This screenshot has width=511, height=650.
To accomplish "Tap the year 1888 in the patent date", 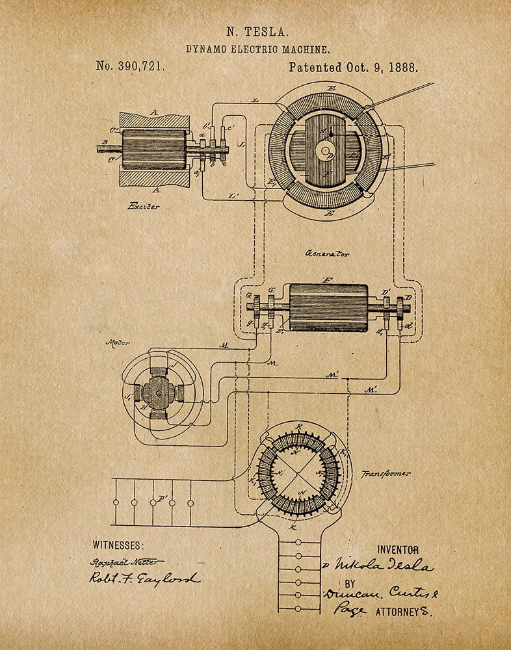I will [x=402, y=66].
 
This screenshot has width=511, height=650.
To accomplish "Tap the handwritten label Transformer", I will [x=386, y=474].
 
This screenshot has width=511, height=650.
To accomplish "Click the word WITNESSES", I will [x=118, y=545].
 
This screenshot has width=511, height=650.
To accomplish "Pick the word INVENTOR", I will [x=398, y=550].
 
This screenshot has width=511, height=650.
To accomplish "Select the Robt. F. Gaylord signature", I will [x=144, y=578].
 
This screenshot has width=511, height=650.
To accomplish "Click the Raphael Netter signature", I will [x=127, y=561].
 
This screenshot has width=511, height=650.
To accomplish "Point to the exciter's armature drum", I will [x=154, y=149].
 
